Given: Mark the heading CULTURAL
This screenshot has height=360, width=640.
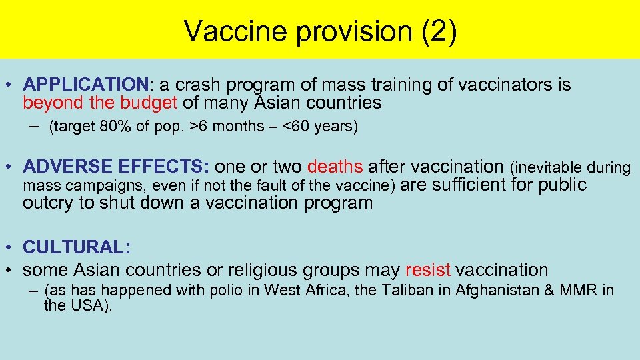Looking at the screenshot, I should [76, 247].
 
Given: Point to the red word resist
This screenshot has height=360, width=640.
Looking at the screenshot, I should [427, 270].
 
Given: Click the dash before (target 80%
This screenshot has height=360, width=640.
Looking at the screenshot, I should [35, 127].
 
